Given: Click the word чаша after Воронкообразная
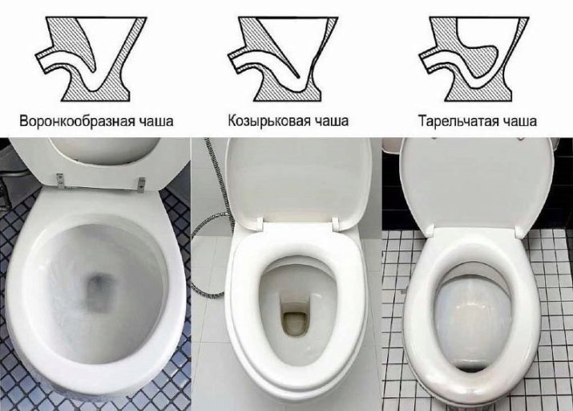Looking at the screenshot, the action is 154,120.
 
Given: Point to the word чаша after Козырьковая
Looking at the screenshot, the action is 330,120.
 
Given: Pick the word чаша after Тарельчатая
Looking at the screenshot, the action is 519,121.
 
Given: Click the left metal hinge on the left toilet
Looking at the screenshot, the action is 60,181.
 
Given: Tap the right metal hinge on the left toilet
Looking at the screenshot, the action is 141,184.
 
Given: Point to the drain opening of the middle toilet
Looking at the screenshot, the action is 295,323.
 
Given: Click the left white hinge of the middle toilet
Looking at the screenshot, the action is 260,223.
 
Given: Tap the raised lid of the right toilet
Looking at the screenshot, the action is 475,183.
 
